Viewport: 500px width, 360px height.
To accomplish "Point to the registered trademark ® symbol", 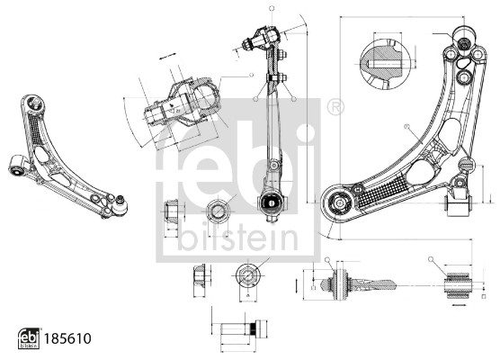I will click(335, 107).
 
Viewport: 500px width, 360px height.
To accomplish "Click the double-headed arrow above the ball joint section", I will click(166, 57).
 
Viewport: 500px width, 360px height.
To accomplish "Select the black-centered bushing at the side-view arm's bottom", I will click(272, 202).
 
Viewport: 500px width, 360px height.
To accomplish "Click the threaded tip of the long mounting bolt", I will click(394, 283).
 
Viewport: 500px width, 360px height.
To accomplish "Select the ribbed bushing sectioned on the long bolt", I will click(339, 282).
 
